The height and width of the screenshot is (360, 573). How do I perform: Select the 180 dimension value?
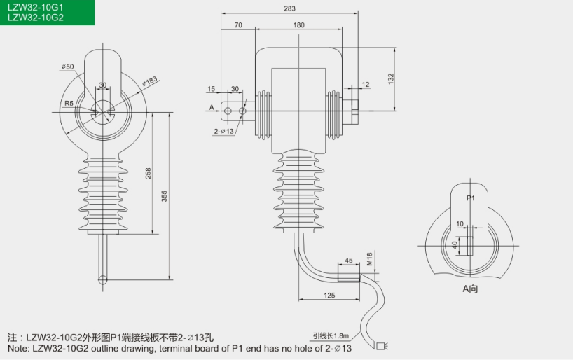(x=299, y=25)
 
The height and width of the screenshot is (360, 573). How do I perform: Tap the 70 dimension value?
(x=238, y=25)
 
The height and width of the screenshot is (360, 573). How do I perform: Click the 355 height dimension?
(x=165, y=197)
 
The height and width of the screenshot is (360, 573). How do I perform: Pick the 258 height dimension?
(x=148, y=173)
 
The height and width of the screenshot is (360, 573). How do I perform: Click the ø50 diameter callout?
(x=68, y=67)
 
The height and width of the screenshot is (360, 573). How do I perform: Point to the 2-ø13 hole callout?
(x=223, y=131)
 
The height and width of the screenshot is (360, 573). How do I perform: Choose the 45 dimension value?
(x=349, y=261)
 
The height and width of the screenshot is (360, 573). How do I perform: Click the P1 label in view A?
(x=471, y=198)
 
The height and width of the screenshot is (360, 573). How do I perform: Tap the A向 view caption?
(x=469, y=288)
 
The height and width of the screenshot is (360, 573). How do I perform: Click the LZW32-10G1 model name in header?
(x=34, y=7)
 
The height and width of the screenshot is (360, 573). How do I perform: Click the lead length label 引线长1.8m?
(x=327, y=335)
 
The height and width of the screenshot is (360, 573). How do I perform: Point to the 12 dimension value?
(x=366, y=85)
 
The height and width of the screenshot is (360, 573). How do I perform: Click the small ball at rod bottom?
(x=103, y=280)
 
